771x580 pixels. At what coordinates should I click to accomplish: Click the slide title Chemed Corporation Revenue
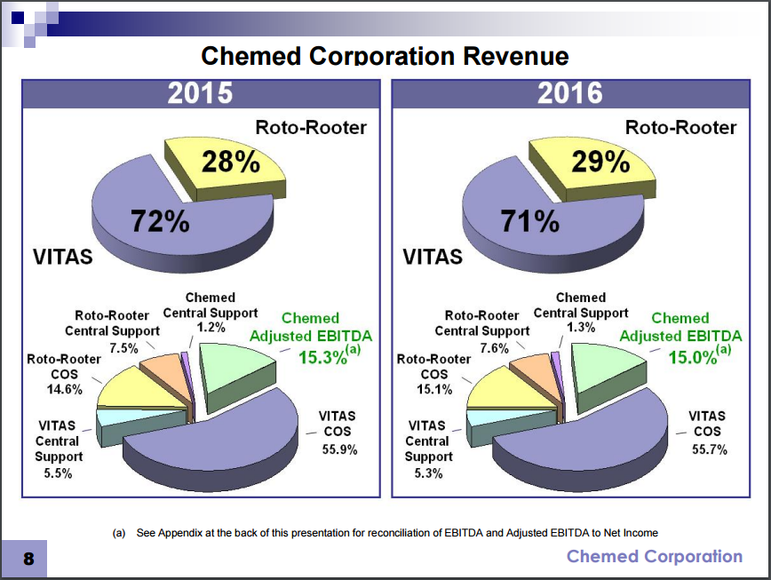[x=385, y=56]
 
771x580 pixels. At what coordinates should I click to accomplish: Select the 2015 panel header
[x=201, y=93]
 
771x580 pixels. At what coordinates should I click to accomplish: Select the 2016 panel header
[x=569, y=93]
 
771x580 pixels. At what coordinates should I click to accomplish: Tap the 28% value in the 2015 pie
[x=230, y=162]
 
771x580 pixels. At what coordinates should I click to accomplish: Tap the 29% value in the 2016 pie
[x=600, y=162]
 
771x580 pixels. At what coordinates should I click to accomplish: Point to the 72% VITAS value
[x=161, y=221]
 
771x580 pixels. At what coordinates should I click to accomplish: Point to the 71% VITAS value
[x=530, y=221]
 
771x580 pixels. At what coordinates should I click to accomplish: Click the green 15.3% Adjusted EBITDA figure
[x=323, y=357]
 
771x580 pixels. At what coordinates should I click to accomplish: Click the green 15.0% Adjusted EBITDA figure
[x=693, y=357]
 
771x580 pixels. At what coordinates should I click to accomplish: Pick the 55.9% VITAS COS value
[x=339, y=449]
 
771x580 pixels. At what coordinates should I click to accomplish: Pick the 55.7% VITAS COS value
[x=709, y=449]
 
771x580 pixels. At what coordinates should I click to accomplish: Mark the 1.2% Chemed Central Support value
[x=211, y=327]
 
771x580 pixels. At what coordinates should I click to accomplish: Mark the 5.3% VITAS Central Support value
[x=428, y=473]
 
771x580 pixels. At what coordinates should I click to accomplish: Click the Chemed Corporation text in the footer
[x=654, y=557]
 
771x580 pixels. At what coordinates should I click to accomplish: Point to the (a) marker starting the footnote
[x=119, y=533]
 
